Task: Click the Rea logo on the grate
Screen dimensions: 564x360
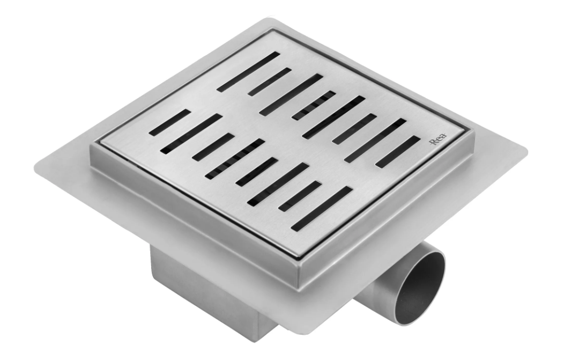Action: (438, 138)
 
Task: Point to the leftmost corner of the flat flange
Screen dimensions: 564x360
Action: (36, 168)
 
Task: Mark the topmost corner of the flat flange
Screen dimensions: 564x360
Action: (268, 19)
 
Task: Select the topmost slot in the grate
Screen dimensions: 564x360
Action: (249, 72)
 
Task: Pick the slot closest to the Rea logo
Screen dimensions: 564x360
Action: (398, 152)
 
